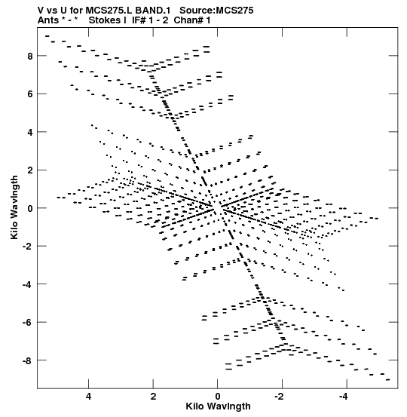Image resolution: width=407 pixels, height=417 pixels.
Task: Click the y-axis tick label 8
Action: [x=29, y=56]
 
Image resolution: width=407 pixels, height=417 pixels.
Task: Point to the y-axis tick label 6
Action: [x=29, y=94]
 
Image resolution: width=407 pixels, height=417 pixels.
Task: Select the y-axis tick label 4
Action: [x=29, y=132]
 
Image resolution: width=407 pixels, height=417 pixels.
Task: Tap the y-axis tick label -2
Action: [x=27, y=247]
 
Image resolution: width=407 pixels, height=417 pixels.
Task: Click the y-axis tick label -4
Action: [x=27, y=284]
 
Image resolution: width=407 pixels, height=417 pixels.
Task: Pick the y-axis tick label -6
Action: [x=27, y=322]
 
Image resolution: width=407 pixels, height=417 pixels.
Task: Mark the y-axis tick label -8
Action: [x=27, y=360]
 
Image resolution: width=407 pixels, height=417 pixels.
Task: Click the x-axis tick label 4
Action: [x=88, y=397]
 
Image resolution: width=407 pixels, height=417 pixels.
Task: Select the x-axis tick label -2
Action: [x=280, y=397]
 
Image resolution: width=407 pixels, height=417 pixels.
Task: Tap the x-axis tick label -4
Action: [x=344, y=397]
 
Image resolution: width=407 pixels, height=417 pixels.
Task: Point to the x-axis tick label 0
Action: [x=218, y=397]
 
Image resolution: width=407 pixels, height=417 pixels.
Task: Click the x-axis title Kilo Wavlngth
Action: [x=218, y=407]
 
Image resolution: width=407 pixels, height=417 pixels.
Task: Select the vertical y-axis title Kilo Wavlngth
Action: [x=14, y=207]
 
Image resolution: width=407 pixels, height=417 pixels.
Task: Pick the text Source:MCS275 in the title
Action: [x=216, y=11]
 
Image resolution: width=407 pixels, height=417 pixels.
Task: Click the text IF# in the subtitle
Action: [x=139, y=20]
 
